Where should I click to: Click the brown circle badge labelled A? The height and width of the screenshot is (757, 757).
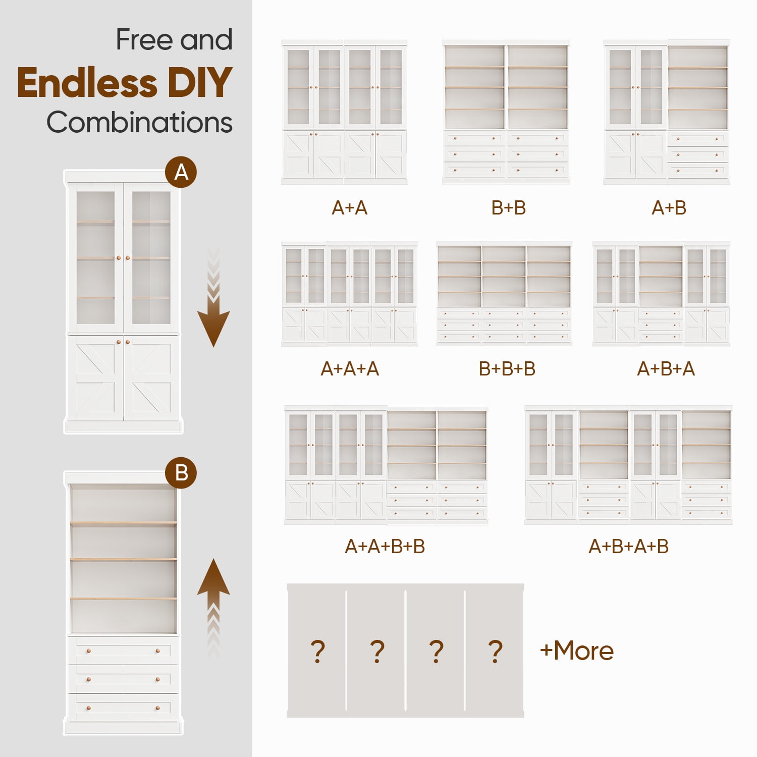point(181,172)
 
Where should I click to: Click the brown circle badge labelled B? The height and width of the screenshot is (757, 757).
point(181,473)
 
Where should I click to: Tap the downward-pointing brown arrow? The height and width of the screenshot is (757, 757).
point(213,297)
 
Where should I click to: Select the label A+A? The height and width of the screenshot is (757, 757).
point(350,208)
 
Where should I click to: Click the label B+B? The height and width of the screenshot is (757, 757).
point(509,208)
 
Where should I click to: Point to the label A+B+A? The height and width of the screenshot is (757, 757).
point(666,369)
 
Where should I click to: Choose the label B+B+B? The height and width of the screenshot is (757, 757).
point(507,369)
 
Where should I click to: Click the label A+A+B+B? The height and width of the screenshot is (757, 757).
point(385,547)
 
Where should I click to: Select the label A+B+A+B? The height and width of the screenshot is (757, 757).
point(629,547)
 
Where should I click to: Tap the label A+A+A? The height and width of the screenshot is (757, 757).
point(350,369)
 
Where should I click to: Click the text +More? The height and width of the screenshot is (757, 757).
point(577,651)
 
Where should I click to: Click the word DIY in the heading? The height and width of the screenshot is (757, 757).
point(200,83)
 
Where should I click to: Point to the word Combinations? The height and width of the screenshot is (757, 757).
point(140,123)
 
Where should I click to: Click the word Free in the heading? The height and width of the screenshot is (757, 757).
point(145,40)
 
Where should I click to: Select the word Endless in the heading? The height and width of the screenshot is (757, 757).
point(87,83)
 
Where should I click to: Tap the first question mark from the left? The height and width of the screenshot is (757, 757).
point(317,651)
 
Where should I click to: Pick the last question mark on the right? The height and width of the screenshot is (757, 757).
point(496,651)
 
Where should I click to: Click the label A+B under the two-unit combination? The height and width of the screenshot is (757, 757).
point(669,208)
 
